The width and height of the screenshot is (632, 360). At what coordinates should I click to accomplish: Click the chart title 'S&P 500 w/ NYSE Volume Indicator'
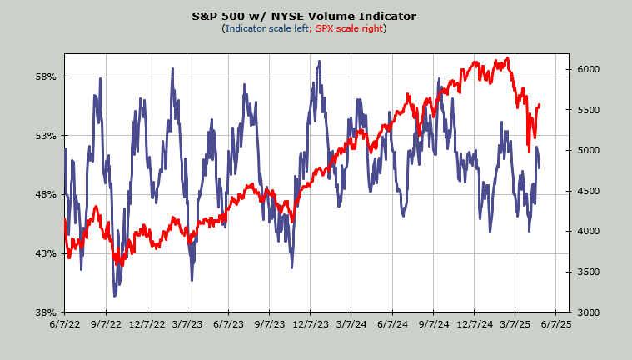pyautogui.click(x=316, y=16)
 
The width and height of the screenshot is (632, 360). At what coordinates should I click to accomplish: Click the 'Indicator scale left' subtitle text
pyautogui.click(x=266, y=28)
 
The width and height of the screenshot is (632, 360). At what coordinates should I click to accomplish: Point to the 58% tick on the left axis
pyautogui.click(x=45, y=77)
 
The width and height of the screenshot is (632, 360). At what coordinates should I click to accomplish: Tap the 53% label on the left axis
pyautogui.click(x=45, y=136)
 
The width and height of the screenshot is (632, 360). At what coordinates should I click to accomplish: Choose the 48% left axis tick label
pyautogui.click(x=45, y=194)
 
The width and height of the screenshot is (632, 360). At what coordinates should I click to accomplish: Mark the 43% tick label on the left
pyautogui.click(x=45, y=253)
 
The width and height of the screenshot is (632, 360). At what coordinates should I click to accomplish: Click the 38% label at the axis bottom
pyautogui.click(x=45, y=312)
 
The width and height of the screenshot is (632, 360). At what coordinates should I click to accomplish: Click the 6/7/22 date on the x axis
pyautogui.click(x=65, y=327)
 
